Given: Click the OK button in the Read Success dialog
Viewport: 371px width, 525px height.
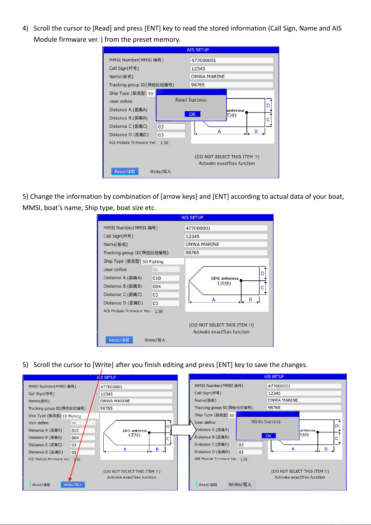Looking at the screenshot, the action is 192,114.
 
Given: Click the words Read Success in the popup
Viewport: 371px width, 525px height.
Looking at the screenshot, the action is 191,100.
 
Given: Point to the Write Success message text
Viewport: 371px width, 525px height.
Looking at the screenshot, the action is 266,422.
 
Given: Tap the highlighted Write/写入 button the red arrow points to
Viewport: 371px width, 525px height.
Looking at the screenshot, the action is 73,485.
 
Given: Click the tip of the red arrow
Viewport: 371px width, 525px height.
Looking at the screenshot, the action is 69,481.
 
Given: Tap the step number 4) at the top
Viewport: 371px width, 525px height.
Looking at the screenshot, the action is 25,28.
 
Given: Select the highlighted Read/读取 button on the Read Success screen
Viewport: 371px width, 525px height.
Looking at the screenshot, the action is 125,172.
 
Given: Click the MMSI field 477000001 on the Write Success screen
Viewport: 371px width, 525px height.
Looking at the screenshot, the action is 304,386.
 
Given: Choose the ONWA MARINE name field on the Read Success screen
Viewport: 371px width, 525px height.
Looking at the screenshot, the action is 232,76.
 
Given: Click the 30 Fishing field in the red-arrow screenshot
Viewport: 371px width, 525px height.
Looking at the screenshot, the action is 80,416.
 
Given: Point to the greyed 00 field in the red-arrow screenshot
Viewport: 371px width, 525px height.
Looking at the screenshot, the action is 83,423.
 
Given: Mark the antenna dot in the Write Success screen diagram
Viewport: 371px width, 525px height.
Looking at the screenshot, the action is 318,432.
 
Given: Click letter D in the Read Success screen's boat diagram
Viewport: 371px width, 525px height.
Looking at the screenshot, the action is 268,106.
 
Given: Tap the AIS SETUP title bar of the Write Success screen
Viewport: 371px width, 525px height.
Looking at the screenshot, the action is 268,376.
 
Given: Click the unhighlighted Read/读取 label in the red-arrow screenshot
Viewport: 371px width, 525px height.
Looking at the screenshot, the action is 41,485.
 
